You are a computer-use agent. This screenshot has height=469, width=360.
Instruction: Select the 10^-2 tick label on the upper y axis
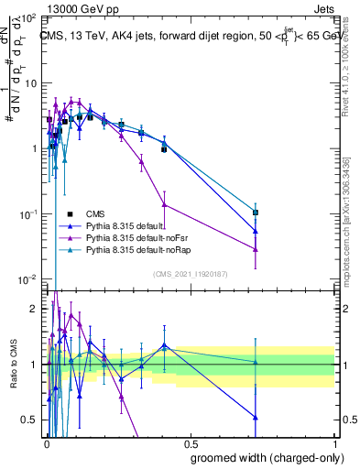[27, 279]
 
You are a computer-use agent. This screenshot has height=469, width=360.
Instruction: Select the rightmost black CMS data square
[256, 213]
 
